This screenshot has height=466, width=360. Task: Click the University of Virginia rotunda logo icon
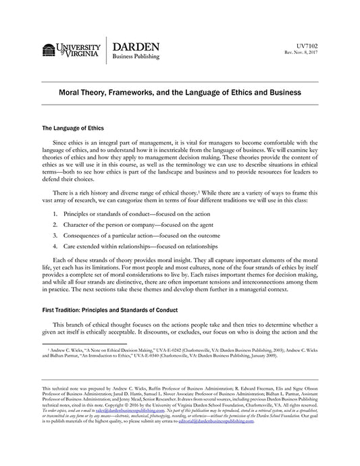pyautogui.click(x=49, y=50)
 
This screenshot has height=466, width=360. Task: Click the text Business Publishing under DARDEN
pyautogui.click(x=136, y=57)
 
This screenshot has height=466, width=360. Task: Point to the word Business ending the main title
pyautogui.click(x=284, y=91)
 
